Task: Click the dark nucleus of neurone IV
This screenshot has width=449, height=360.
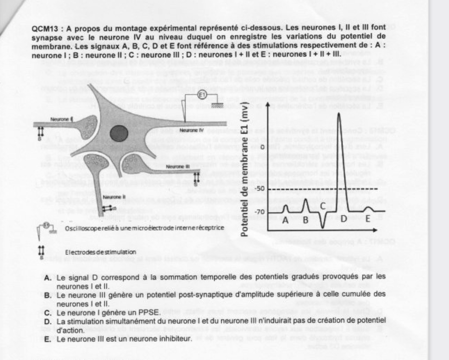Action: [118, 134]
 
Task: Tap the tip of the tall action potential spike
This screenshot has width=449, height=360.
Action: [337, 113]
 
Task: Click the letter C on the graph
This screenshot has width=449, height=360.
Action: [323, 205]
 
